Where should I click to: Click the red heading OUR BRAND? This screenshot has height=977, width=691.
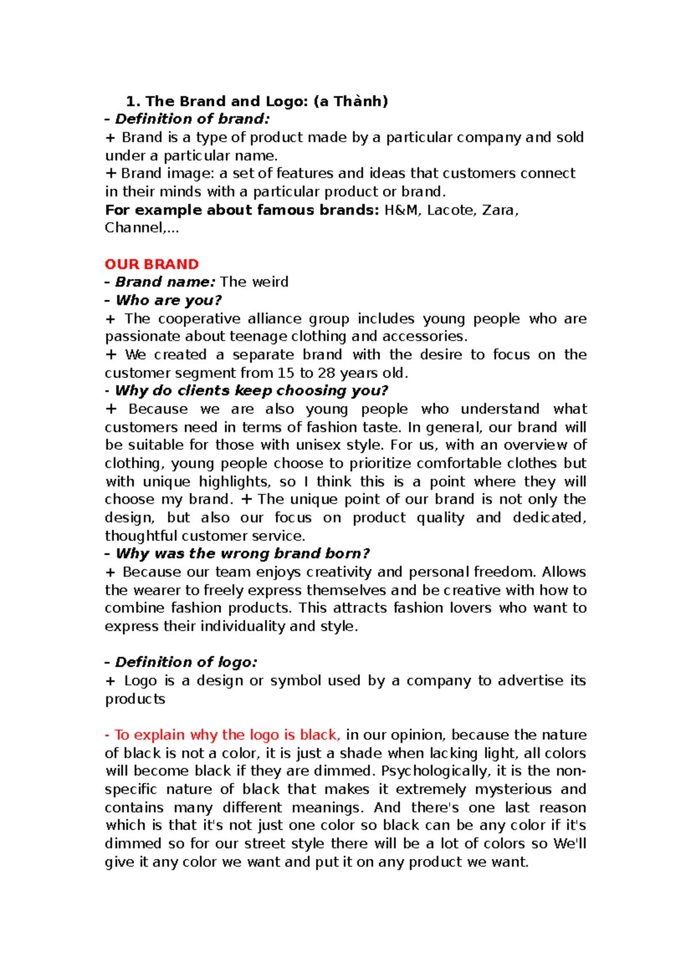click(x=151, y=264)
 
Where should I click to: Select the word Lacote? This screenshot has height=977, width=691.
click(x=451, y=210)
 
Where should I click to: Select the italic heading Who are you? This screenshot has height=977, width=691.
click(x=168, y=300)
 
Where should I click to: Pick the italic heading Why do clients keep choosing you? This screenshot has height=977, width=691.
click(x=252, y=391)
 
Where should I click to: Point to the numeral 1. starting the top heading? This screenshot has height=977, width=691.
click(x=133, y=102)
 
